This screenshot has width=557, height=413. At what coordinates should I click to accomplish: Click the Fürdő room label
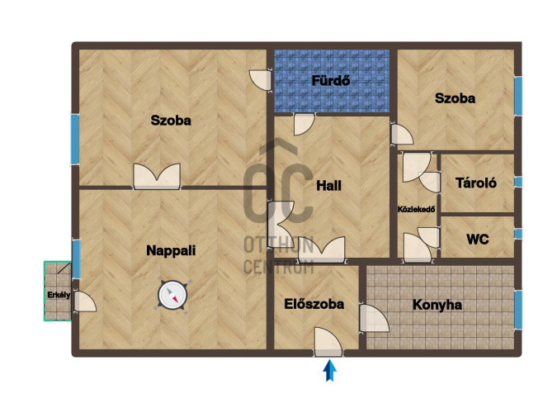point(331,80)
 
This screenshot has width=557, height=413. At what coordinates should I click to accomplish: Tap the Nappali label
point(171,250)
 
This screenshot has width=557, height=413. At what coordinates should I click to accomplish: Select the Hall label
point(328,185)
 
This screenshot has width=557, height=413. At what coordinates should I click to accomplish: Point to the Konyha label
point(437,305)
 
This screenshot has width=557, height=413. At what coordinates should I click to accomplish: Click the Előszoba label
point(314,304)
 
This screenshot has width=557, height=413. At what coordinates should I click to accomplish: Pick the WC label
point(478,240)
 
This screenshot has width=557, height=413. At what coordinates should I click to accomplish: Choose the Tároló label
point(476,183)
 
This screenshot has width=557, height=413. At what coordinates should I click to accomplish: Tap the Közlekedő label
point(416,209)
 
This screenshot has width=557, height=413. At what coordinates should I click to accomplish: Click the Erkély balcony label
point(59,295)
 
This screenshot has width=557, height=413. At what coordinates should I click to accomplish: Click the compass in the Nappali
point(172,295)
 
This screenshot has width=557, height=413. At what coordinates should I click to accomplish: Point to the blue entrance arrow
point(330,370)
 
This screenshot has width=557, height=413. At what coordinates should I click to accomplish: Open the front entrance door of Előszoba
point(328,342)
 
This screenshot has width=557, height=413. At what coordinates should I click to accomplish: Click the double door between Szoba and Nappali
point(157,176)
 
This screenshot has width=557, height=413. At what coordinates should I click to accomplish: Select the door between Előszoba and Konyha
point(374,318)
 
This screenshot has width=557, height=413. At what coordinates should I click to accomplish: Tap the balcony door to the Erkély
point(84,302)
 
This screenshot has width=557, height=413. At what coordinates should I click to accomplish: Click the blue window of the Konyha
point(518,310)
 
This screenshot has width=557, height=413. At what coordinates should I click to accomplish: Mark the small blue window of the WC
point(518,234)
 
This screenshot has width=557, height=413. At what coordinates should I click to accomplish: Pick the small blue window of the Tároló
point(518,182)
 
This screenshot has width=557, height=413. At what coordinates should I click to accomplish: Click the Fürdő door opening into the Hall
point(304,124)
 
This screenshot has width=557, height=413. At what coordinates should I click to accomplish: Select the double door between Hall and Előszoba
point(322,249)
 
